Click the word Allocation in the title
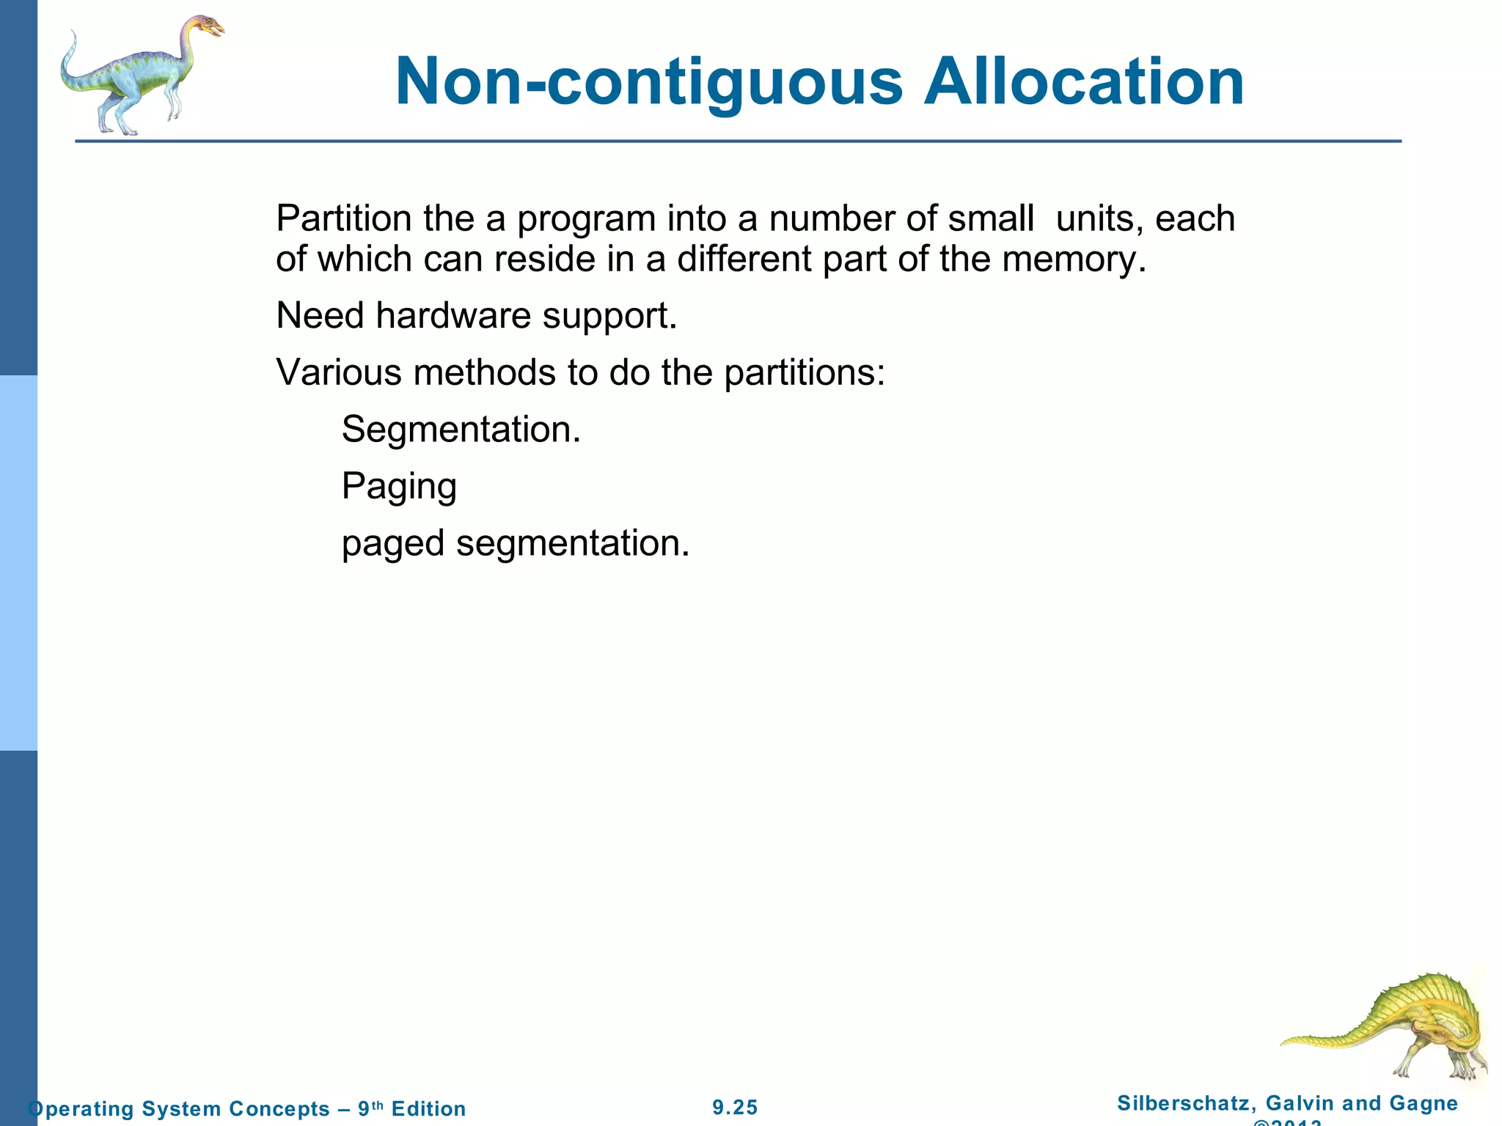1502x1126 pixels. (1083, 82)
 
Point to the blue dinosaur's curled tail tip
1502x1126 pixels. (72, 37)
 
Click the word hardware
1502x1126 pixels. (453, 316)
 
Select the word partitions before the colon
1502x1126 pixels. (799, 372)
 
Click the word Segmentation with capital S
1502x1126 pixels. (460, 430)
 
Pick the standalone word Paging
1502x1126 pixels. (399, 487)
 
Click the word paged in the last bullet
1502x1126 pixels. (392, 544)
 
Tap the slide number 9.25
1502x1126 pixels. (735, 1107)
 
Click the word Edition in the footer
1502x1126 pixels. (428, 1108)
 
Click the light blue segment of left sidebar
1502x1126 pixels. (18, 563)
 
